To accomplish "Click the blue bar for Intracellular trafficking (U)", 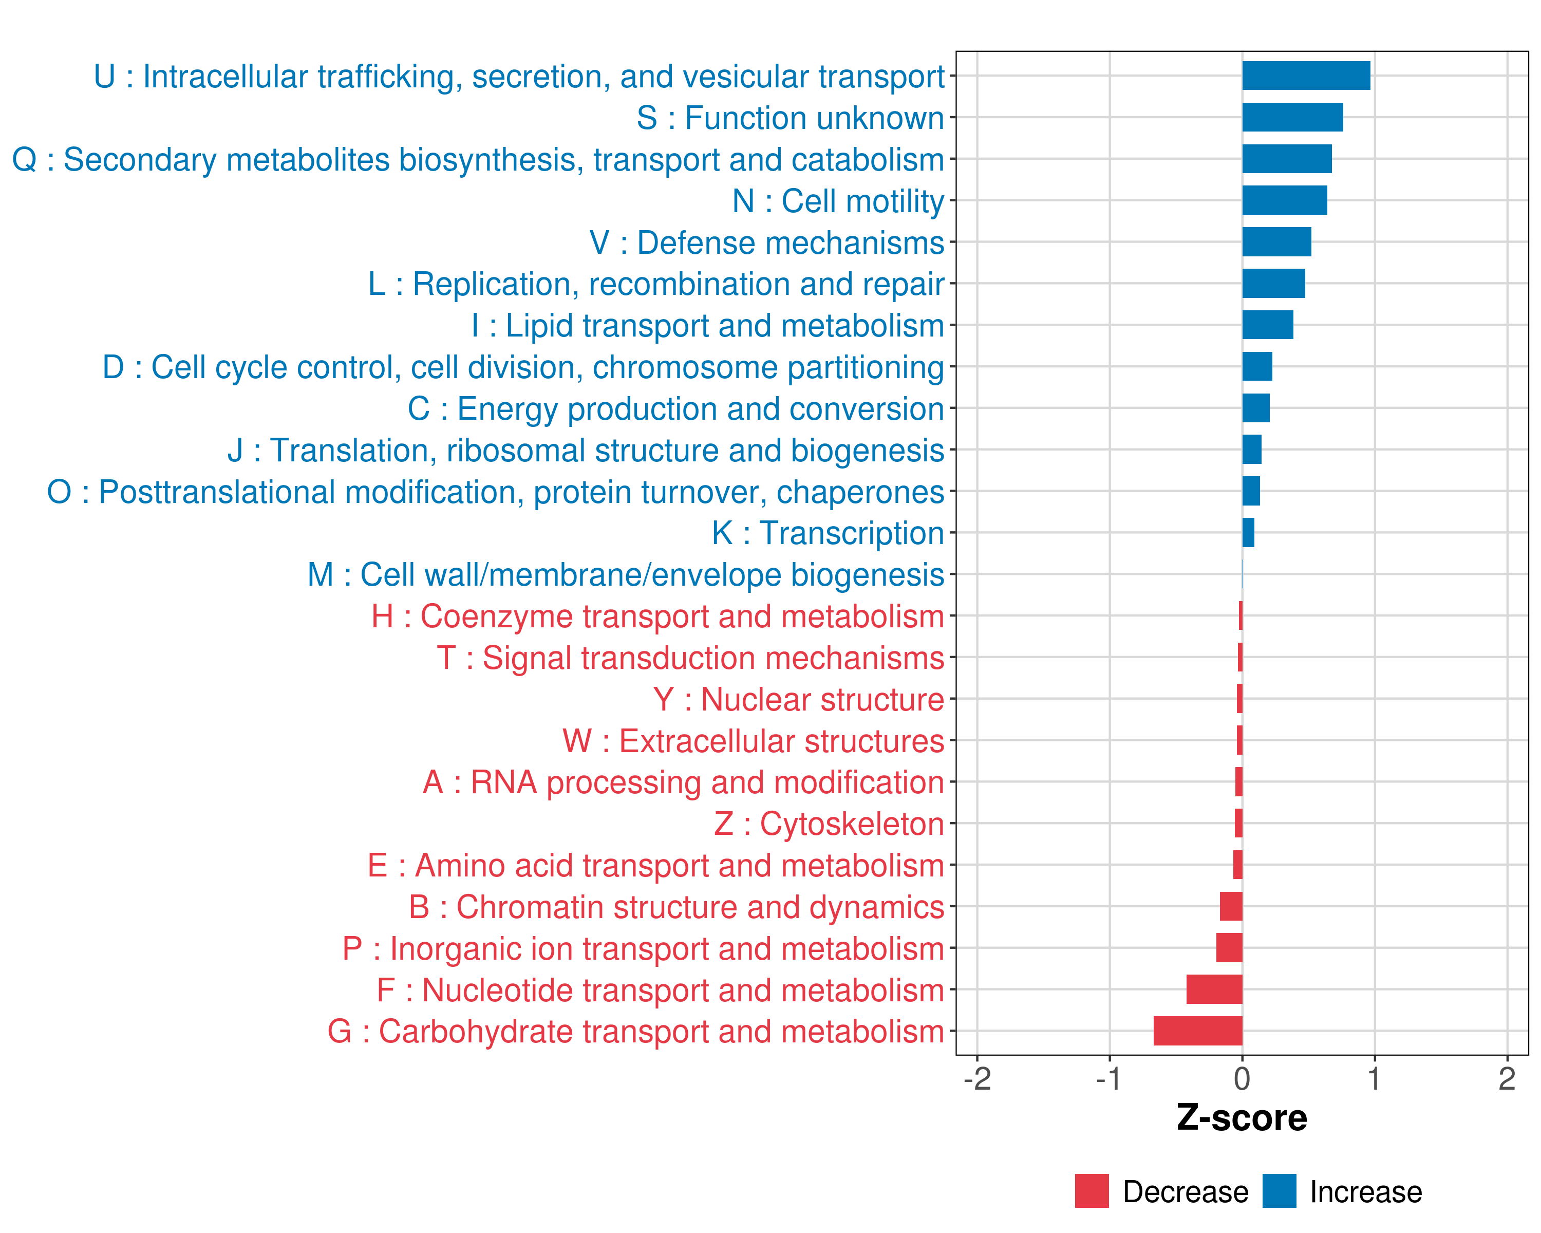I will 1306,76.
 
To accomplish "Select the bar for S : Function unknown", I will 1292,117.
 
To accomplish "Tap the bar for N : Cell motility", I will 1284,200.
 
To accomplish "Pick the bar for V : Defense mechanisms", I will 1276,241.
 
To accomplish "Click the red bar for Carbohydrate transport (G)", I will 1198,1031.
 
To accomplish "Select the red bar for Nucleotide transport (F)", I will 1214,989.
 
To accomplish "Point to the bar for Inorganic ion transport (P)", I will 1229,948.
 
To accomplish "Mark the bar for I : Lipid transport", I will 1267,325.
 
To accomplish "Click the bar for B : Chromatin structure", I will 1231,906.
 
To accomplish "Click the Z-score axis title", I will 1242,1118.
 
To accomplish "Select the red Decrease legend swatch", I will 1092,1191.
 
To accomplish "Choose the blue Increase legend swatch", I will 1279,1191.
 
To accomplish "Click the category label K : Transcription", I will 828,533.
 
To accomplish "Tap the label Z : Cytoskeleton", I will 829,824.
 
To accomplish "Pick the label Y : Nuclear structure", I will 798,700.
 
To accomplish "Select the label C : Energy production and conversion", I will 675,409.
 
